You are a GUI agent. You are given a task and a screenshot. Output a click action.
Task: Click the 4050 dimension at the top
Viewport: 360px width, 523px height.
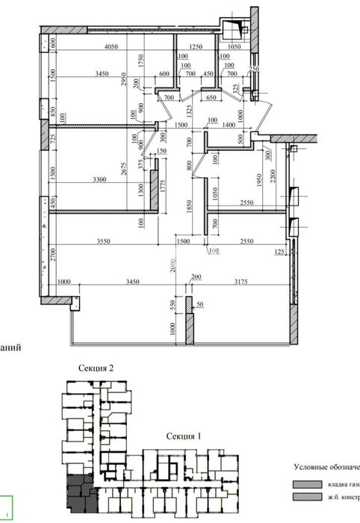tap(112, 47)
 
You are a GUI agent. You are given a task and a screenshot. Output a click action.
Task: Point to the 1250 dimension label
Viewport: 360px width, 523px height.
tap(196, 47)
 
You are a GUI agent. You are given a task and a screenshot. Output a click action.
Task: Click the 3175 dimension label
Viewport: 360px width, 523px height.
tap(246, 282)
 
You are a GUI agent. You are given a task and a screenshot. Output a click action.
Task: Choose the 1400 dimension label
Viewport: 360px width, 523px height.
tap(229, 126)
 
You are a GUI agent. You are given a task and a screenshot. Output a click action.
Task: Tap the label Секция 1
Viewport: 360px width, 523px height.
tap(184, 436)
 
